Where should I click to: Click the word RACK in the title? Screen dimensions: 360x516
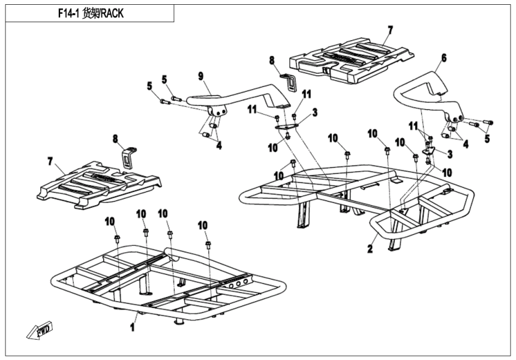(x=112, y=13)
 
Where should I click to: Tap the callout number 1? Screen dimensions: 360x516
(x=132, y=328)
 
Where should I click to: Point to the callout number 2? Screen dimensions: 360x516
(x=370, y=248)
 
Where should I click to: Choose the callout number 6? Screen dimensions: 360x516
(x=444, y=58)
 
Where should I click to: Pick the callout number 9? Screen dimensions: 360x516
(x=200, y=76)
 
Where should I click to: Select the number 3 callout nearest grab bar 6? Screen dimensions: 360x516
(x=449, y=154)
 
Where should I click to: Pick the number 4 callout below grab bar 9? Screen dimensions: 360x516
(x=218, y=145)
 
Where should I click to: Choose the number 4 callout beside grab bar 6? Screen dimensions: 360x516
(x=466, y=144)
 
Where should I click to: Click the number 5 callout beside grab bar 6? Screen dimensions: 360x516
(x=487, y=139)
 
